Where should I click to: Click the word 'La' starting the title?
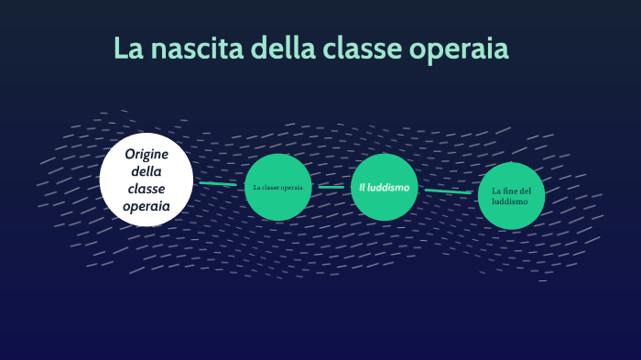pos(128,49)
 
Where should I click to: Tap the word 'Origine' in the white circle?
pos(147,154)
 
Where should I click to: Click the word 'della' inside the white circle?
pos(147,171)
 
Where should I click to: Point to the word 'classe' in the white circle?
pos(147,189)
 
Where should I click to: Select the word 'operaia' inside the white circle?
pos(147,206)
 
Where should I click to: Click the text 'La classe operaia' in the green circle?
pos(277,187)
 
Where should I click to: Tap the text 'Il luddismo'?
pos(385,187)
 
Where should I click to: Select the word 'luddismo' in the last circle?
pos(510,201)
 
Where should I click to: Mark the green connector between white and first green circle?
pos(218,184)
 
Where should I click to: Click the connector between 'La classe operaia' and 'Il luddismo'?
pos(331,187)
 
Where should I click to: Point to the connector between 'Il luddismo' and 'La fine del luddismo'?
pos(448,191)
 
